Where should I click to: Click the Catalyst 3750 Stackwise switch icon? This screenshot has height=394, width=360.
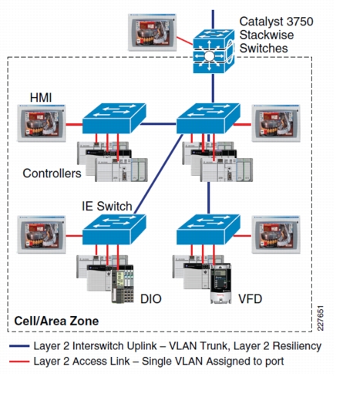(x=214, y=51)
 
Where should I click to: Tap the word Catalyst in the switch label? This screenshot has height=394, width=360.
(x=261, y=22)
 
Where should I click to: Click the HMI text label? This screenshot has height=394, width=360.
(x=41, y=98)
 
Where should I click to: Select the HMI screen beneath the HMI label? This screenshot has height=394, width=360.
(x=42, y=123)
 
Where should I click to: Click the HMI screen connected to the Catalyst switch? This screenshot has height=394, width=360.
(x=152, y=32)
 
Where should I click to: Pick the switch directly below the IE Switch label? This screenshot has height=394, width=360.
(x=114, y=229)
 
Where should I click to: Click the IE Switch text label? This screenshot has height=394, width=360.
(x=107, y=206)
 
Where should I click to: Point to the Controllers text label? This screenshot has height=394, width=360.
(x=52, y=173)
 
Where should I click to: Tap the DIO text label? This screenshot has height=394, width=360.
(x=151, y=299)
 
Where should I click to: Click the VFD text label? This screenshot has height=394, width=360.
(x=250, y=299)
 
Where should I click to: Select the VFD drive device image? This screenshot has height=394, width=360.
(x=220, y=283)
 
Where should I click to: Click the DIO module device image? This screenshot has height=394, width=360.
(x=123, y=284)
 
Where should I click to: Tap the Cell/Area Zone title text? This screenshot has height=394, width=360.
(x=56, y=321)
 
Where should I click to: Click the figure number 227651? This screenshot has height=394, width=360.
(x=321, y=318)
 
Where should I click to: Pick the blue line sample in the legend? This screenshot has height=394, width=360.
(x=19, y=346)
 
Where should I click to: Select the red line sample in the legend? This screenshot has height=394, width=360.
(x=19, y=362)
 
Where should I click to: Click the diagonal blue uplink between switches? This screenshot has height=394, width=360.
(x=159, y=173)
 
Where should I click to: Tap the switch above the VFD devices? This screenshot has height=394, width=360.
(x=208, y=229)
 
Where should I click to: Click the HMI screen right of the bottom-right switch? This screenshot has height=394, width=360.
(x=276, y=234)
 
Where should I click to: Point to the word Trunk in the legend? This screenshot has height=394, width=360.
(x=216, y=346)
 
